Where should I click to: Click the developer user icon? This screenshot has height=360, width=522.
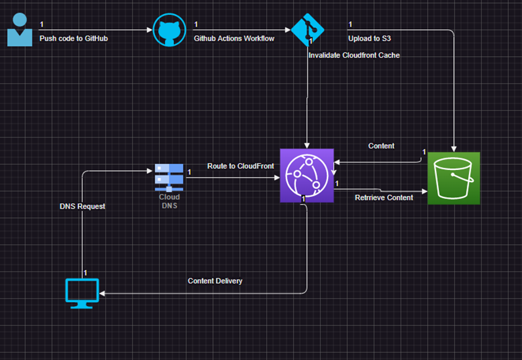coord(20,30)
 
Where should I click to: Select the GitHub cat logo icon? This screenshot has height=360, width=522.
coord(169,30)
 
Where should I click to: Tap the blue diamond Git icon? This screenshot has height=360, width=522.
coord(307,30)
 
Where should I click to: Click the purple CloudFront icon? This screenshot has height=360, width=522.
coord(306,175)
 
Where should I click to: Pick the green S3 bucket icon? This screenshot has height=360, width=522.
coord(454,178)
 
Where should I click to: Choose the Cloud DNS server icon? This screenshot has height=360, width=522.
coord(169,178)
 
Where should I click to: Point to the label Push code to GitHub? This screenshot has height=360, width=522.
coord(73,39)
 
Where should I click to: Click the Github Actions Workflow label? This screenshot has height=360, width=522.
coord(234,39)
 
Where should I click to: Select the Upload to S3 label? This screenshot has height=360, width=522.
coord(369,39)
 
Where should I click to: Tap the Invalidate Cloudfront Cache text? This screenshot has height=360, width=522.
coord(354,55)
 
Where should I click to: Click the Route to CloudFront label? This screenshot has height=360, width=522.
coord(240,166)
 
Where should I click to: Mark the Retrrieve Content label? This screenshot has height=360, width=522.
coord(384,198)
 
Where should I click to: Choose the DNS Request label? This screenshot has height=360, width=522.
coord(82,207)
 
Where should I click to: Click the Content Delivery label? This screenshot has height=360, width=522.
coord(215,281)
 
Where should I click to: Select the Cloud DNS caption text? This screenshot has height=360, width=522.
coord(169,201)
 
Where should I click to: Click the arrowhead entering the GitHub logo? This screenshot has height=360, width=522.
coord(150,30)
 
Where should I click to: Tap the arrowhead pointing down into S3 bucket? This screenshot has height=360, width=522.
coord(454,149)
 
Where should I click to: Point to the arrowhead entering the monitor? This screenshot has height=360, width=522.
coord(102,293)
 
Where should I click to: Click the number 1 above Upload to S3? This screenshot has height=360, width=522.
coord(350,24)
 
